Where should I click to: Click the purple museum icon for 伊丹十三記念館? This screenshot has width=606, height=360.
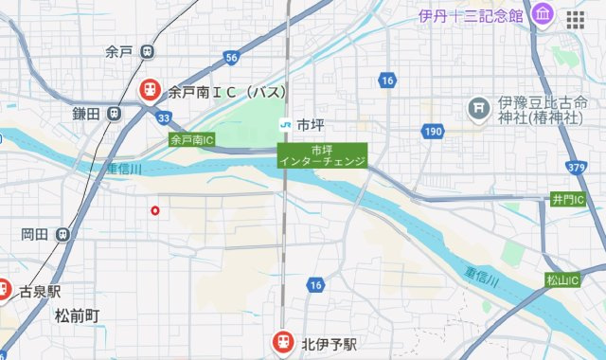pos(543,15)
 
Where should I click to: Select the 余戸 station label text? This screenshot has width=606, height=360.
pos(118,51)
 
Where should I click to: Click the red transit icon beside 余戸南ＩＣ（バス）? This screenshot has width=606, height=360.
pos(150,91)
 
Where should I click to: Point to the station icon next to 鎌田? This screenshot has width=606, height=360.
pos(114,113)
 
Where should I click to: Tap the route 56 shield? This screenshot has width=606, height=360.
pos(231,58)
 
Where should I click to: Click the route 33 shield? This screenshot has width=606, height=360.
pos(165,117)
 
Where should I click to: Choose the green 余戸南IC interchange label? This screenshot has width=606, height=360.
pos(192,140)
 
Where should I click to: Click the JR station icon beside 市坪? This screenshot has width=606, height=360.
pos(284,124)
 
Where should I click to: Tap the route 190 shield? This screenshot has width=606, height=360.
pos(433,132)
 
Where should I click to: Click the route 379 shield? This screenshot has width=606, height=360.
pos(576,167)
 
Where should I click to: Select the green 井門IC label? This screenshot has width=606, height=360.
pos(568,200)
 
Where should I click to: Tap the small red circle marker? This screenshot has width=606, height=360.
pos(155,210)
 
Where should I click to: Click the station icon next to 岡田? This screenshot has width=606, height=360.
pos(62,234)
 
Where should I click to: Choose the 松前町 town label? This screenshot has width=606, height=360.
pos(78,315)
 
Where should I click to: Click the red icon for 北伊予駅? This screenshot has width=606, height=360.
pos(283,341)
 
